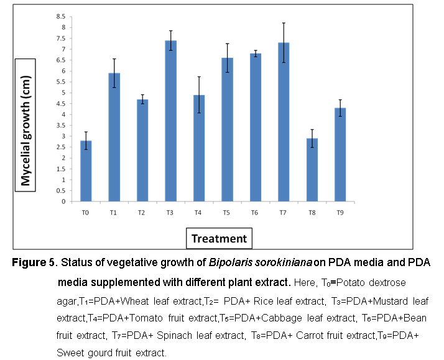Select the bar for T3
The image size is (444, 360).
tap(170, 121)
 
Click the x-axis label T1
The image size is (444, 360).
tap(114, 212)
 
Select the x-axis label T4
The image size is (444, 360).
tap(199, 212)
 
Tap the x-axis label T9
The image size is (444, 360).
tap(340, 212)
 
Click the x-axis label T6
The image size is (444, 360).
tap(256, 212)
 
